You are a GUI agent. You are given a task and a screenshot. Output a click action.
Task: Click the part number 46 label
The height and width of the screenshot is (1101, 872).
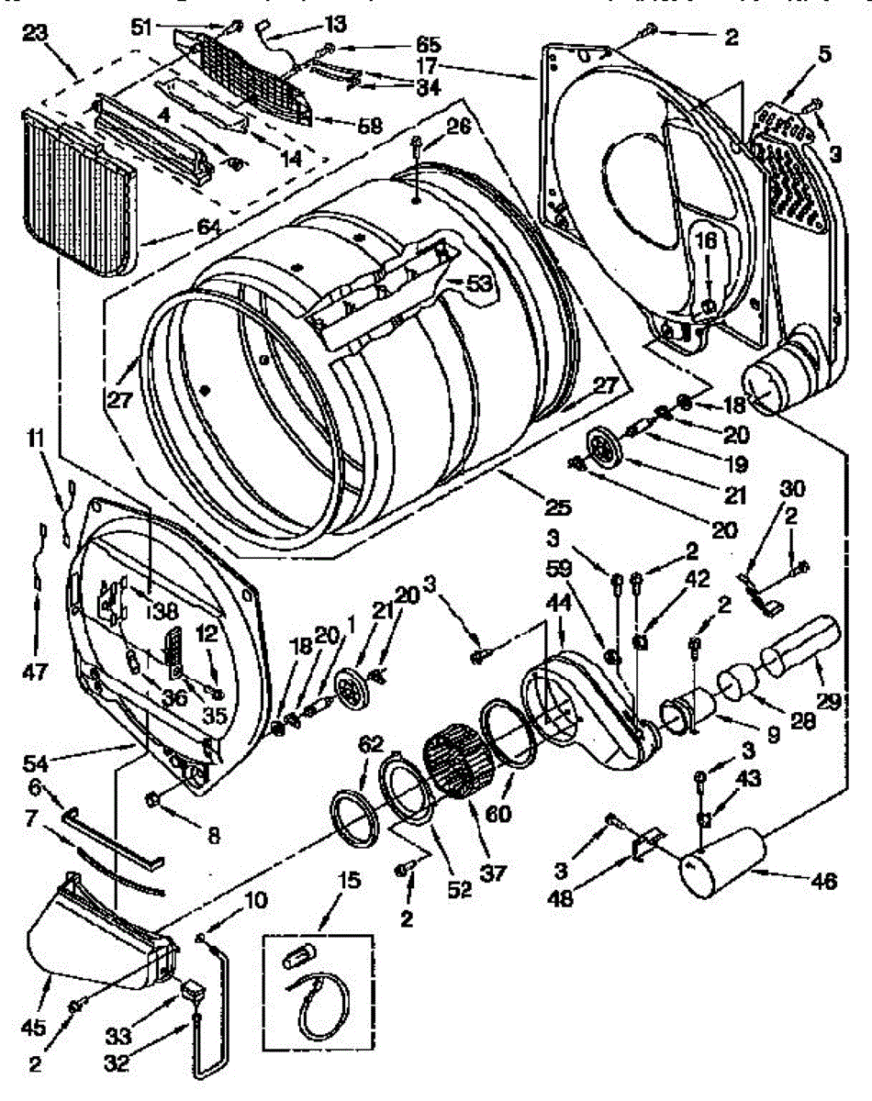coord(825,883)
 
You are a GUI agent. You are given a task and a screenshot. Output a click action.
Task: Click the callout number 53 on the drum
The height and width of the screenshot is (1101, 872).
coord(478,285)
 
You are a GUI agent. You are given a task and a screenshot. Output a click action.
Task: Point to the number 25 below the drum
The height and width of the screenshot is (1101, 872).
coord(559,506)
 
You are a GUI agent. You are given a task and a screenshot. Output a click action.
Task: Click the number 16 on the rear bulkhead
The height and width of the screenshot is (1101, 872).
coord(707,241)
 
